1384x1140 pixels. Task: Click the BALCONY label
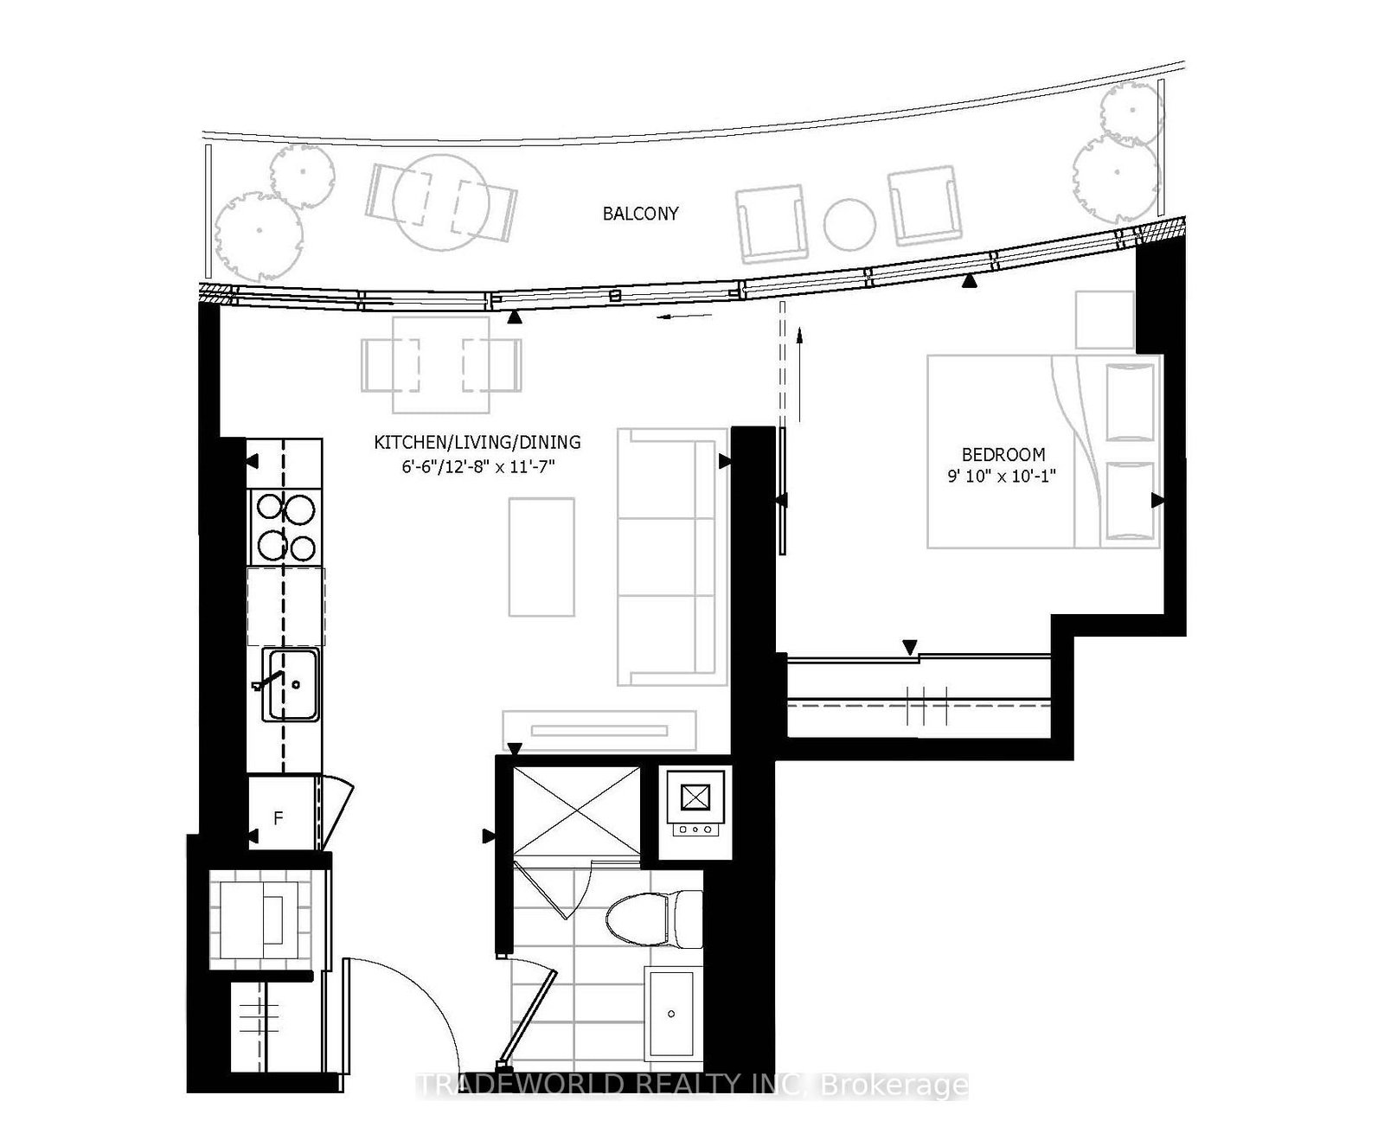pyautogui.click(x=640, y=214)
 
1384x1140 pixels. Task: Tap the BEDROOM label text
pyautogui.click(x=1003, y=454)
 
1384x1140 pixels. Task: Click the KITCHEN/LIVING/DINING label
pyautogui.click(x=477, y=443)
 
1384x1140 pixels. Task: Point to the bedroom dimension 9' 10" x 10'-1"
pyautogui.click(x=1003, y=476)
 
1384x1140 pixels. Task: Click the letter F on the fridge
pyautogui.click(x=279, y=817)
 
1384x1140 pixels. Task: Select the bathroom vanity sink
pyautogui.click(x=670, y=1012)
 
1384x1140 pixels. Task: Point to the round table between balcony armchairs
pyautogui.click(x=850, y=225)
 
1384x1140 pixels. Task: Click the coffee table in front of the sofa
pyautogui.click(x=541, y=556)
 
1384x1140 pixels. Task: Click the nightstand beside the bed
pyautogui.click(x=1105, y=320)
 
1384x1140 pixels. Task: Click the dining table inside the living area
pyautogui.click(x=442, y=365)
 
